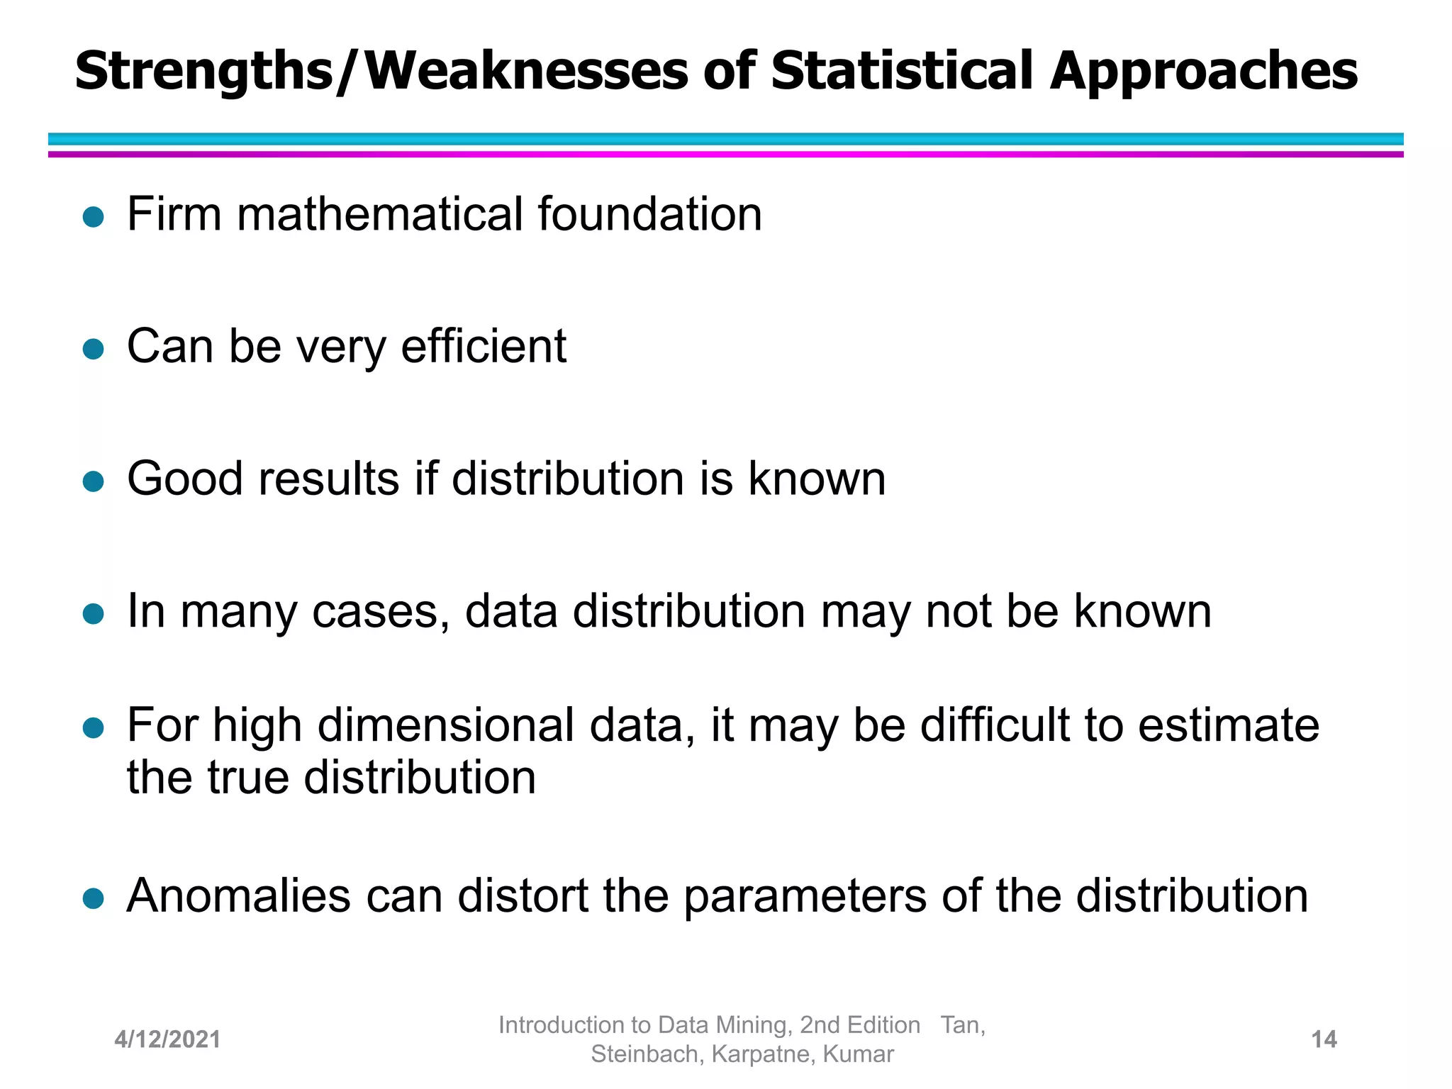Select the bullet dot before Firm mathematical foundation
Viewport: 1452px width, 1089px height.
point(94,216)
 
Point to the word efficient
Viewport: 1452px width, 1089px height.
point(484,347)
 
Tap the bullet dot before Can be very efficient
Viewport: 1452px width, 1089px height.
point(94,349)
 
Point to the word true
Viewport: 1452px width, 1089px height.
point(248,778)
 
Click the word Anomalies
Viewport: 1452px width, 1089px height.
point(239,895)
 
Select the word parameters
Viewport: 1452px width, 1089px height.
point(805,897)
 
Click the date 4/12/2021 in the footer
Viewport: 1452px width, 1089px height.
point(167,1039)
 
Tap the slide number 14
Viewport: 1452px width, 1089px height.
point(1324,1039)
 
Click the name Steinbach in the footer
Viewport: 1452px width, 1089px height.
point(647,1054)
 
